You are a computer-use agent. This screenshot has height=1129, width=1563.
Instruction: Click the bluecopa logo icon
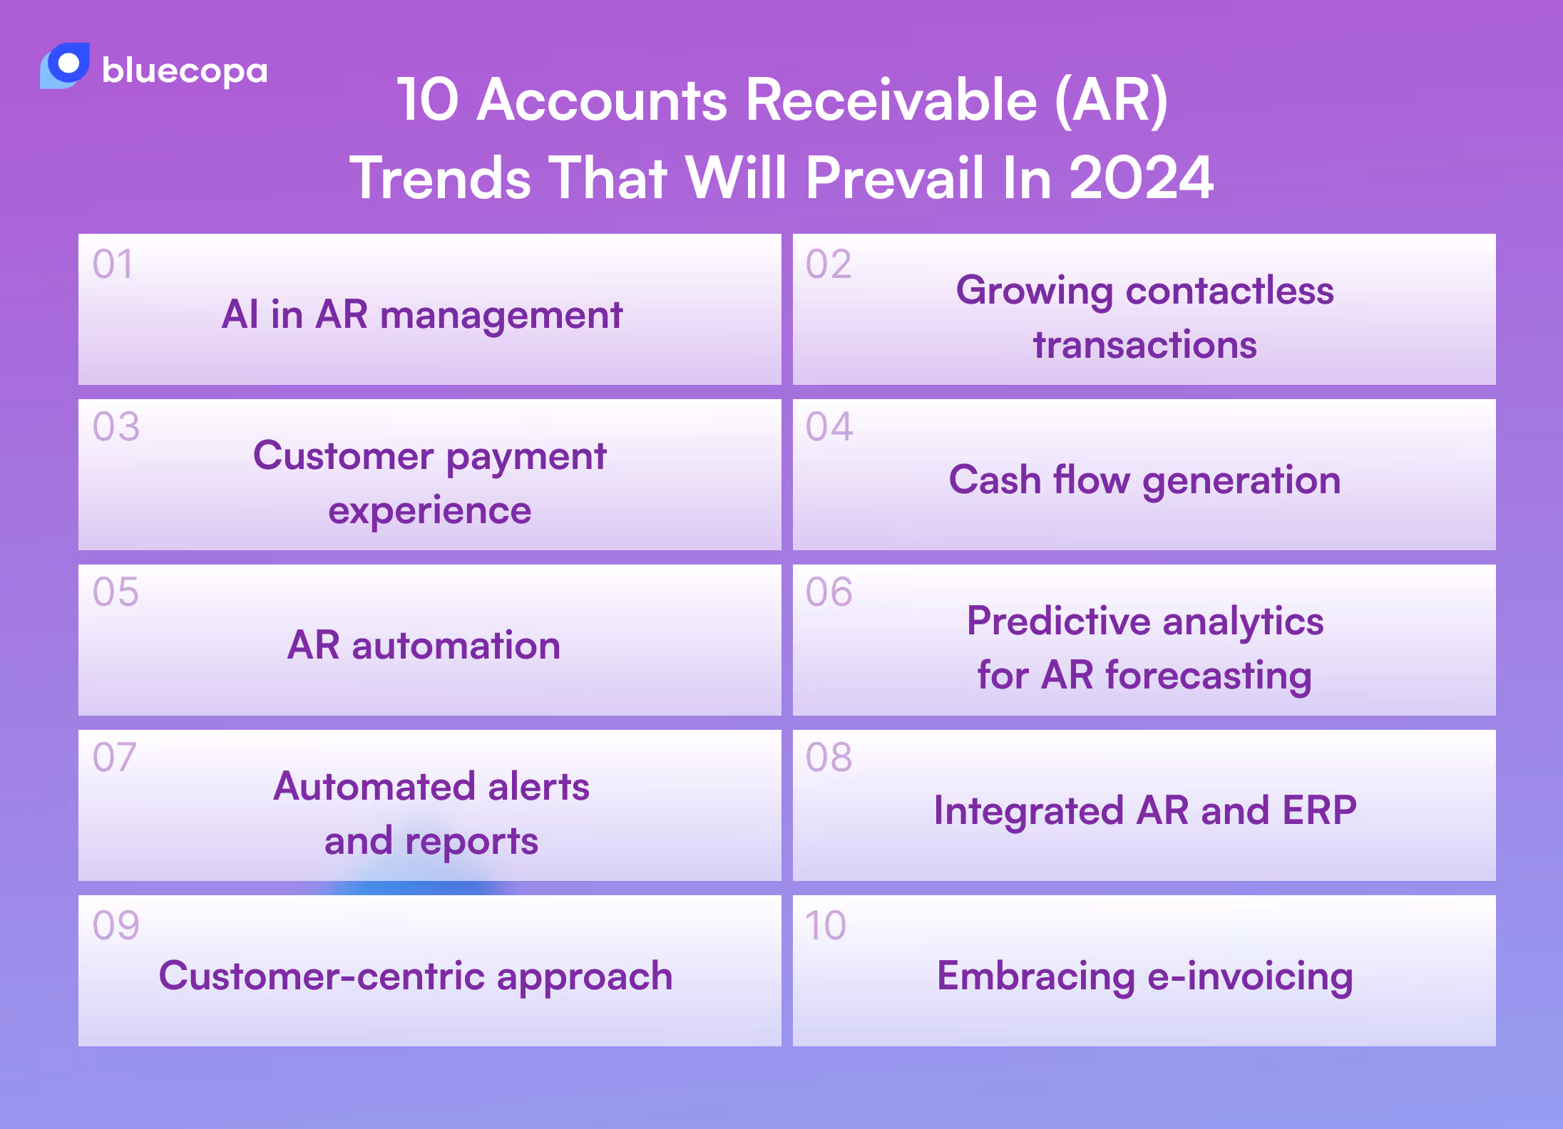65,66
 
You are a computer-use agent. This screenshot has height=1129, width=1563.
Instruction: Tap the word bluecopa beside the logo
185,71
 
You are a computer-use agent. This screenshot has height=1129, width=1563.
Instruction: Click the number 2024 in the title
1142,177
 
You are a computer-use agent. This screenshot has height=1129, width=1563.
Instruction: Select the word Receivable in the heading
891,100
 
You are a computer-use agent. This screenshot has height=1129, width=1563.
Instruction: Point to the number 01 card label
113,264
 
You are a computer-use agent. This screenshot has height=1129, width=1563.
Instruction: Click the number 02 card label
829,264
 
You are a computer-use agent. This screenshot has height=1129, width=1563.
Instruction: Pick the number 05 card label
116,592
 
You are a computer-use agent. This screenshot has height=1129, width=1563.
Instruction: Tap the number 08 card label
829,758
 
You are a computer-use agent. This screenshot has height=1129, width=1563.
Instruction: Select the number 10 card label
826,926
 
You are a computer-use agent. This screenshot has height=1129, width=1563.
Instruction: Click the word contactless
1229,291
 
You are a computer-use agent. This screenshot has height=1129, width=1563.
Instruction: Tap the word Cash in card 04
995,479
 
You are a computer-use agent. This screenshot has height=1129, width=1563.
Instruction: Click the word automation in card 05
456,646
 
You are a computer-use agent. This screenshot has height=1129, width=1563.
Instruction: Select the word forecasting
1209,676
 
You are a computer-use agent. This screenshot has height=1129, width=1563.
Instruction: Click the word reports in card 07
471,842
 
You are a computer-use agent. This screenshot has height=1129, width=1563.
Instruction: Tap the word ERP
1319,810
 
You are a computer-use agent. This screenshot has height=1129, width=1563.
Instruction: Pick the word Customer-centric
322,976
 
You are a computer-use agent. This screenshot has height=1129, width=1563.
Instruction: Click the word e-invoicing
1250,976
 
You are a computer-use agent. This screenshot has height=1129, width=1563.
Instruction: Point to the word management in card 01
501,315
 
